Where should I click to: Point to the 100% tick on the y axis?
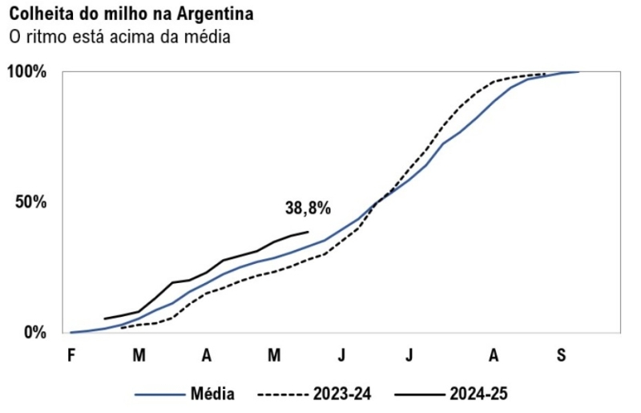[x=27, y=72]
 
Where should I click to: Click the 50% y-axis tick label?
[x=32, y=202]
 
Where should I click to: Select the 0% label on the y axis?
[x=35, y=332]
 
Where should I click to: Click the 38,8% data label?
[x=308, y=208]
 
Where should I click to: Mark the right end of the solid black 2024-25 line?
[x=308, y=232]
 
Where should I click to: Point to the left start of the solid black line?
[x=105, y=318]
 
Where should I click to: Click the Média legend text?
[x=212, y=394]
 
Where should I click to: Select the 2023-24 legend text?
[x=342, y=394]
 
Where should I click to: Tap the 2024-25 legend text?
[x=478, y=394]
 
